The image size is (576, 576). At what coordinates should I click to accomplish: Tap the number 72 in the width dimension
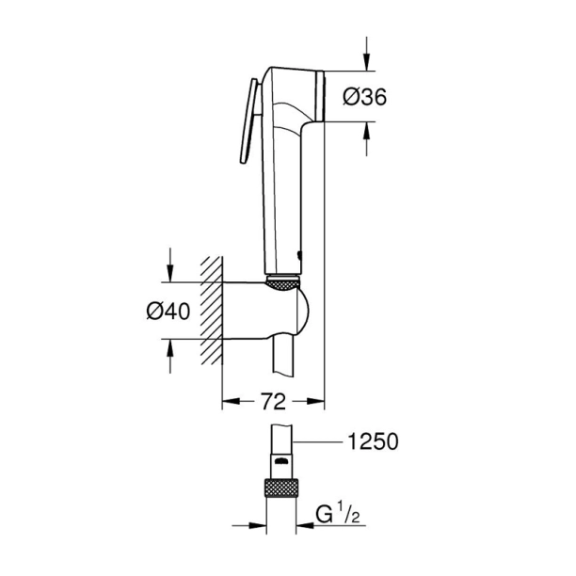click(x=272, y=402)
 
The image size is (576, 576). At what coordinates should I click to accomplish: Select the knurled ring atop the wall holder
click(x=283, y=280)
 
